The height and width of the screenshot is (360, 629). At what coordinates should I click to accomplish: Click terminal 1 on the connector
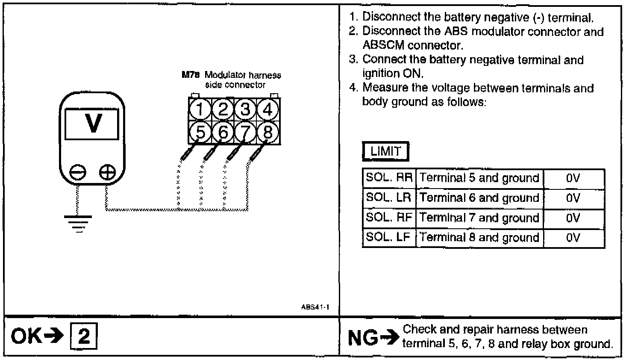click(200, 110)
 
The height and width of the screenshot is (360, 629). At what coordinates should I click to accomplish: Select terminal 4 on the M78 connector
click(268, 110)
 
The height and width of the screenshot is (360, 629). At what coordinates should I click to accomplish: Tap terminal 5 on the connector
click(200, 133)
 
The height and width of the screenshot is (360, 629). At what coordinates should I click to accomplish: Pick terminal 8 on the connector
click(268, 133)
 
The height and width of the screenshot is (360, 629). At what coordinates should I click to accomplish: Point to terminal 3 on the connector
click(245, 110)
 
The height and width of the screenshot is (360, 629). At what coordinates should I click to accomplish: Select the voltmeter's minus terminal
click(77, 173)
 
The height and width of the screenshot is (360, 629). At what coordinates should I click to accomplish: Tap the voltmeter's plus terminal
click(107, 173)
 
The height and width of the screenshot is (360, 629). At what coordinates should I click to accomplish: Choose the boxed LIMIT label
click(385, 151)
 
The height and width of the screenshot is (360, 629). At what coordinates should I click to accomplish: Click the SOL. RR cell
click(389, 178)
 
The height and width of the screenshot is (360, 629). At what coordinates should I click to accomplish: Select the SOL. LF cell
click(389, 238)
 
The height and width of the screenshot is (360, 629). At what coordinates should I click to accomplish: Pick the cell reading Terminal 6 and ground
click(479, 198)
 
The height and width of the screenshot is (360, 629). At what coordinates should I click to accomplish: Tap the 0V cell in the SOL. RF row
click(573, 218)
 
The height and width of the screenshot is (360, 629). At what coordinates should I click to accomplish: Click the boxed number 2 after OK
click(84, 337)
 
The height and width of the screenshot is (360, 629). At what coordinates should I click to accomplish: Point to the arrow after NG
click(389, 338)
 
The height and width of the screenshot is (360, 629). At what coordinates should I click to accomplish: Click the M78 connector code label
click(190, 75)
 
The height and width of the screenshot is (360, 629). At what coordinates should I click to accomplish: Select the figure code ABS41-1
click(315, 307)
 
